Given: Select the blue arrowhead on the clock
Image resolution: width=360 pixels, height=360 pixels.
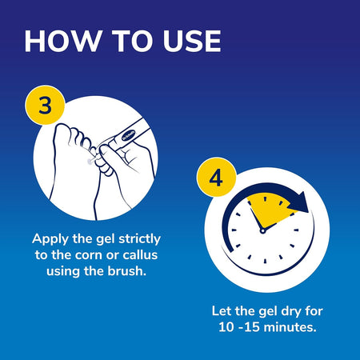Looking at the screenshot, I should coord(302,206).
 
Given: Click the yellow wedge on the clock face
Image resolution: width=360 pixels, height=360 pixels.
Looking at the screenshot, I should coord(267,205).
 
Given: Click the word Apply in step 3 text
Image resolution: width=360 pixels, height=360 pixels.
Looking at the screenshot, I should coord(53,238).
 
